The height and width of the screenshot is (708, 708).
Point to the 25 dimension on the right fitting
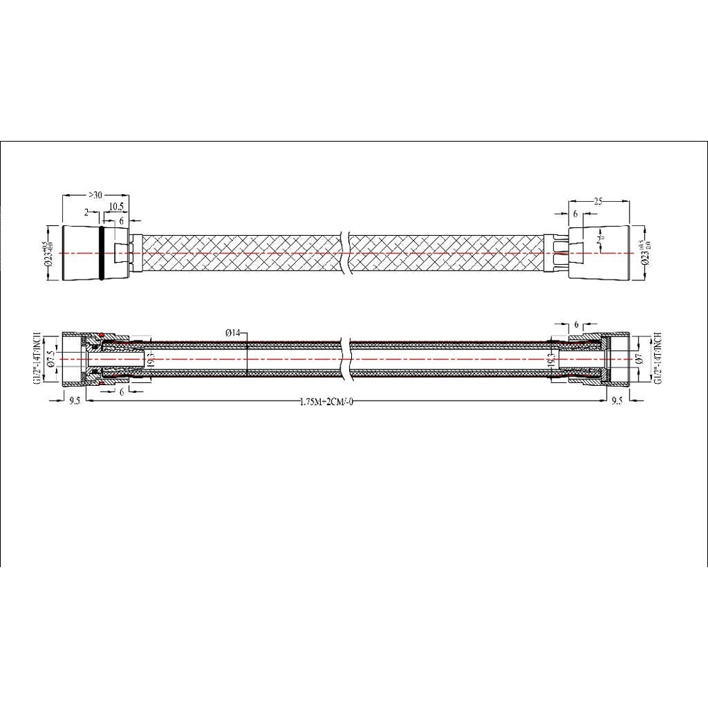[x=598, y=202]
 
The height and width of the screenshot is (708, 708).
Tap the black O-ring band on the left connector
[x=105, y=253]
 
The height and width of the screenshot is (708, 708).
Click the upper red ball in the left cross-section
[x=102, y=335]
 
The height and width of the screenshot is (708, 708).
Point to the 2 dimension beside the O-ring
[x=86, y=212]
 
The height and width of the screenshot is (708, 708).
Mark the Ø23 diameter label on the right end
[x=645, y=253]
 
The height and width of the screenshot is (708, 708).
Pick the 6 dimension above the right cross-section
[x=578, y=324]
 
